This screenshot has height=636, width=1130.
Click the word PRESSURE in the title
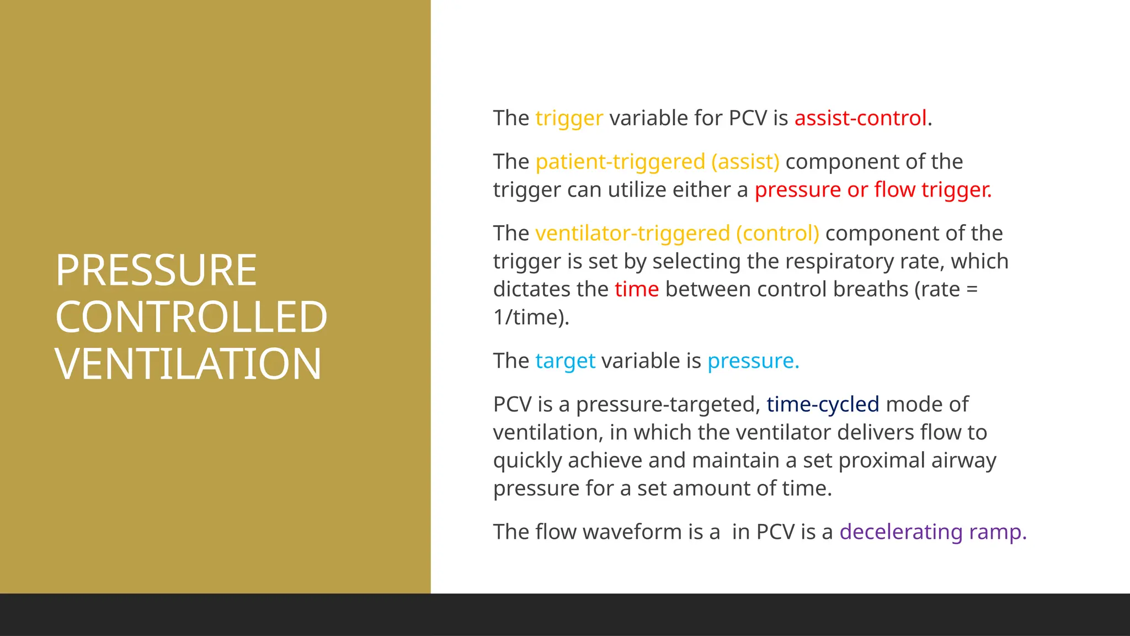pos(156,271)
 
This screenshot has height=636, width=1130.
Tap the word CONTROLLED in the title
pos(191,317)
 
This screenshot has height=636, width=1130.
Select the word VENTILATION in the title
pos(188,364)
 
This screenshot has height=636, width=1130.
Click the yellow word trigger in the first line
pos(569,119)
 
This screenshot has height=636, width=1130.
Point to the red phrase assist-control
pos(860,118)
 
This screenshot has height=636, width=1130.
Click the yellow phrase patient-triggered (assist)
pos(657,162)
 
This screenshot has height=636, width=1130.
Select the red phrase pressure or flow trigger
pos(873,190)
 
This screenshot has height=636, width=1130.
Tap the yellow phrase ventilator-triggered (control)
pos(677,234)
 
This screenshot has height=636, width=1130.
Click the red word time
pos(637,289)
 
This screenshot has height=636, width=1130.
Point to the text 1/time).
pos(531,317)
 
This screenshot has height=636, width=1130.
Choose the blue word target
pos(565,361)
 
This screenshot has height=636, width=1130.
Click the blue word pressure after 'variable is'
pos(753,361)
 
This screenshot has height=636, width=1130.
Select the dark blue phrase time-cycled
pos(823,405)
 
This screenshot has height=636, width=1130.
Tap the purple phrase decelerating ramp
pos(932,532)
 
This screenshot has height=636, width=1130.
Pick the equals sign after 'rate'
pos(972,290)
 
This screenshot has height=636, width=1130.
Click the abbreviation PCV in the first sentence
pos(748,118)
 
